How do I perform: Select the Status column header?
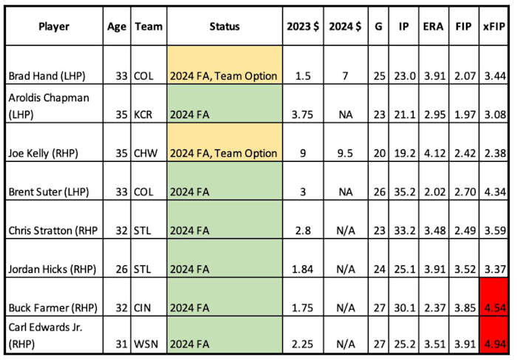[x=224, y=27]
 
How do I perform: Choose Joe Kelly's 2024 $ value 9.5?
[x=343, y=153]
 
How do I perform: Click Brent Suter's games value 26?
[x=379, y=191]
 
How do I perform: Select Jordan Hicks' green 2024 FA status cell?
[x=224, y=259]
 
